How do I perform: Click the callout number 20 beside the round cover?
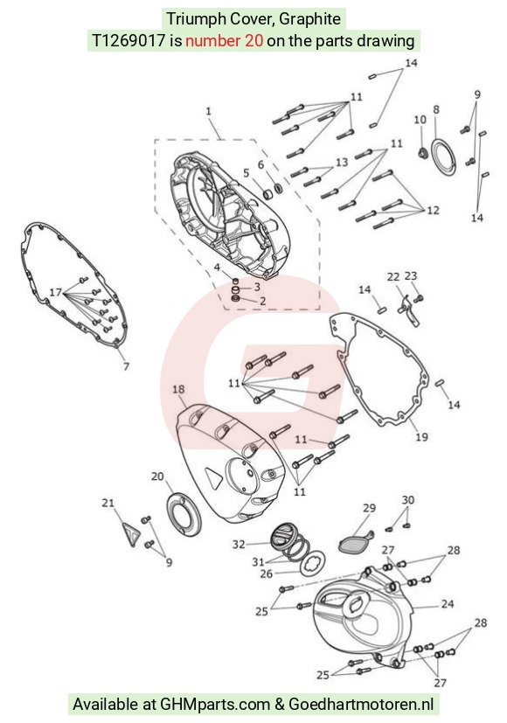pyautogui.click(x=157, y=476)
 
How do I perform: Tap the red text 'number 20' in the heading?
pyautogui.click(x=224, y=40)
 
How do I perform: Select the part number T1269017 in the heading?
pyautogui.click(x=128, y=40)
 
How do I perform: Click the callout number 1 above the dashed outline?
pyautogui.click(x=208, y=111)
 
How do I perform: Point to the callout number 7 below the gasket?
pyautogui.click(x=126, y=366)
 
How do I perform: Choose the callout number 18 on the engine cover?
pyautogui.click(x=178, y=389)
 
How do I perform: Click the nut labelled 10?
pyautogui.click(x=421, y=152)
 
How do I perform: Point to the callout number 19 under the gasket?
pyautogui.click(x=421, y=436)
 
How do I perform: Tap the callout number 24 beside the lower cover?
pyautogui.click(x=448, y=603)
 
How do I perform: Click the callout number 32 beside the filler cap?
pyautogui.click(x=239, y=545)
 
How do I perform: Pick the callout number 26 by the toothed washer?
pyautogui.click(x=267, y=574)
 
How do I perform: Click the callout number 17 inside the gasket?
pyautogui.click(x=55, y=292)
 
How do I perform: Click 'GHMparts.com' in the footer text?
pyautogui.click(x=215, y=704)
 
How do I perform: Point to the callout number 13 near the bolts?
pyautogui.click(x=342, y=163)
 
